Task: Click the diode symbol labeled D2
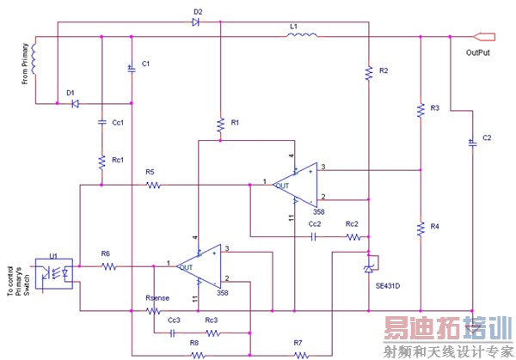[197, 21]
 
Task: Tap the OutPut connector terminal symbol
[486, 36]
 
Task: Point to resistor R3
[421, 109]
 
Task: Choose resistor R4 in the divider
[421, 228]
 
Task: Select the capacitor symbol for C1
[131, 67]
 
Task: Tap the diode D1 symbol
[73, 103]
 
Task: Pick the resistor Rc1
[101, 161]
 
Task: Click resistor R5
[153, 184]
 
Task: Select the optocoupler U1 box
[53, 272]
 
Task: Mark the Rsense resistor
[154, 310]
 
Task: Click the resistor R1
[220, 123]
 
